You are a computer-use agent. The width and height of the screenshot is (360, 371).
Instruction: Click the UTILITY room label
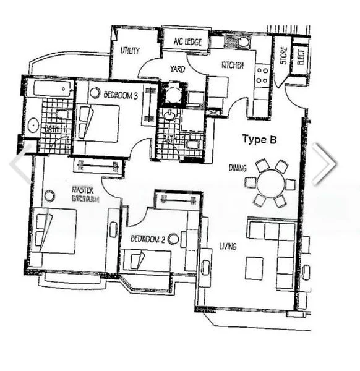point(129,51)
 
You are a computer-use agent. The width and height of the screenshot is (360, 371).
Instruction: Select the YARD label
point(178,70)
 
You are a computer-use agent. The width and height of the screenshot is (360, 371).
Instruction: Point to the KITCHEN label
point(232,65)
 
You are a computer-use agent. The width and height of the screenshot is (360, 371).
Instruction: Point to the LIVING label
point(228,247)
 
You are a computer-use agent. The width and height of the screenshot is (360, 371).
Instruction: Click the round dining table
point(270,184)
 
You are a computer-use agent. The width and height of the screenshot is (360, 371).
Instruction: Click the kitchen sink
point(236,42)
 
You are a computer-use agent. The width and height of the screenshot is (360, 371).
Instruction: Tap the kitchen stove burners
point(262,75)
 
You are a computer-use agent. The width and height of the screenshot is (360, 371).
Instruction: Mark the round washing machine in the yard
point(174,95)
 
